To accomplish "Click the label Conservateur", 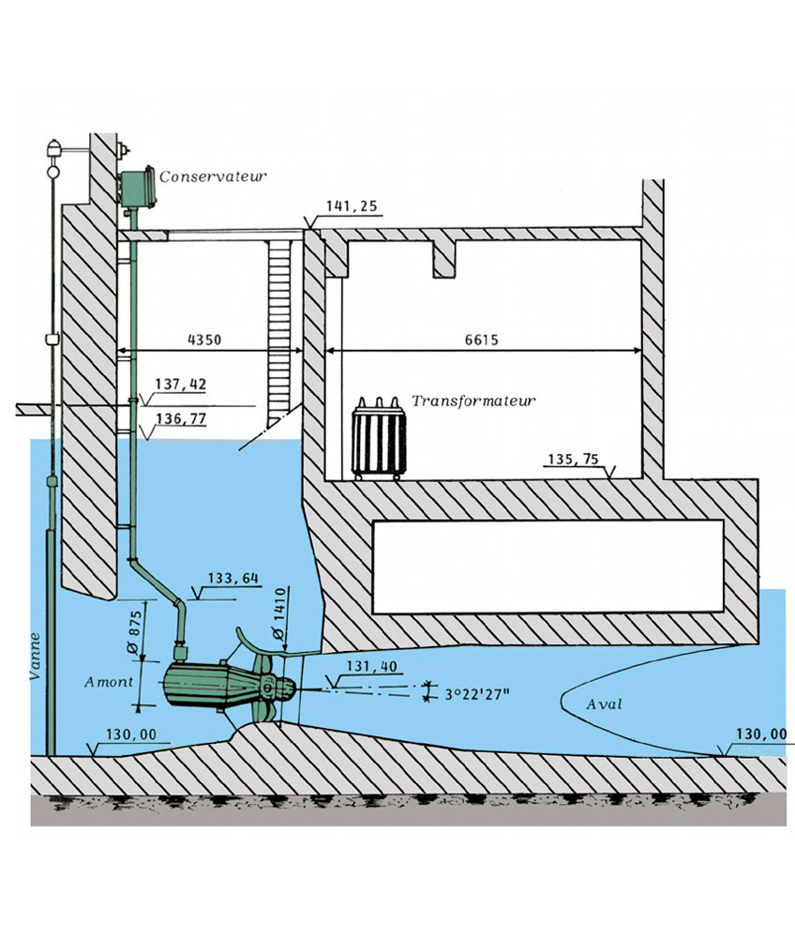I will (214, 175).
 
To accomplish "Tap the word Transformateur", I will (473, 401).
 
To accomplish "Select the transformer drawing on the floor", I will (379, 439).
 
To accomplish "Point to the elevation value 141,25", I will (346, 205).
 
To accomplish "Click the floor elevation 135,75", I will (573, 460).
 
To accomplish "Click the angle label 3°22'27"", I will (477, 695).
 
